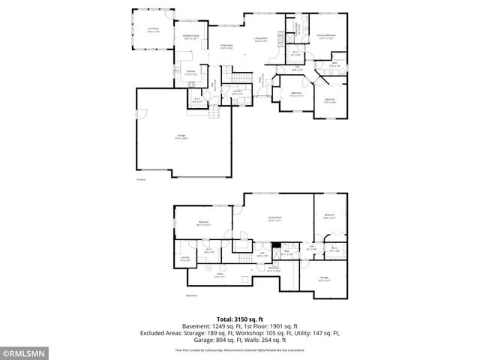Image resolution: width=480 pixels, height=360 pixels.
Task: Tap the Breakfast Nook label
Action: (190, 36)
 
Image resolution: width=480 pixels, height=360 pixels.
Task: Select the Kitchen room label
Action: (191, 73)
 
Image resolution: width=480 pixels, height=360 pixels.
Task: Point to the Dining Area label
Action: (226, 46)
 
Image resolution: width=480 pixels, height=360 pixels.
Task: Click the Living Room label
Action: (261, 40)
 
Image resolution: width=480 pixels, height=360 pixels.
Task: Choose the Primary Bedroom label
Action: (325, 36)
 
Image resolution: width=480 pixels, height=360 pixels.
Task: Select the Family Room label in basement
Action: (274, 219)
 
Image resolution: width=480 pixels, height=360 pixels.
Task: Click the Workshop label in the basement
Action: (274, 270)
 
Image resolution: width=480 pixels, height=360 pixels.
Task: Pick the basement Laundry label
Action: (184, 259)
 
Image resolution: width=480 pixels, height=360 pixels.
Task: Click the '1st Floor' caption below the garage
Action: (139, 180)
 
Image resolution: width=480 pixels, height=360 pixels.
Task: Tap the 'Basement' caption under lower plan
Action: (192, 295)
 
